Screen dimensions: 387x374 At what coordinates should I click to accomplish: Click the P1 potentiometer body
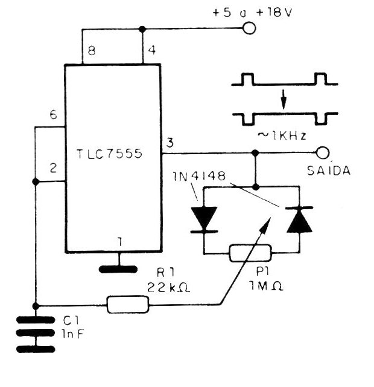click(x=251, y=253)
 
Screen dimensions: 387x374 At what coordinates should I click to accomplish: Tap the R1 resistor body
click(x=127, y=304)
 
